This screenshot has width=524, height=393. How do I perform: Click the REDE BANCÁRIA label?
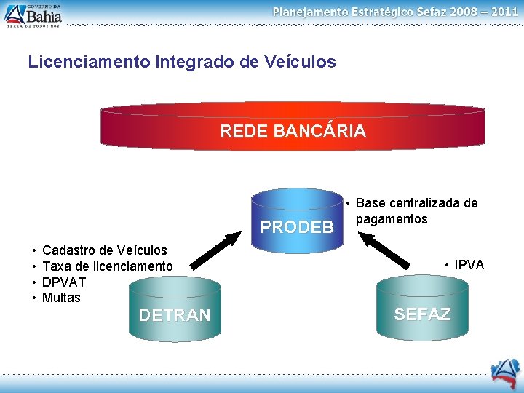(x=293, y=131)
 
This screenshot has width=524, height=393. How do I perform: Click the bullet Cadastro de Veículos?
(x=104, y=250)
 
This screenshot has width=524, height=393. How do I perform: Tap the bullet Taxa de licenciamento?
(x=108, y=266)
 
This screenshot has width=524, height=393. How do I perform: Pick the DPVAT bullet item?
(x=64, y=282)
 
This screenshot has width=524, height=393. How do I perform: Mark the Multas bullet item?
(x=61, y=298)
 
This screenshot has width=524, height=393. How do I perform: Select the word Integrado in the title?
(x=194, y=62)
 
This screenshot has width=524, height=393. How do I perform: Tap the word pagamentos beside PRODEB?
(x=392, y=219)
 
